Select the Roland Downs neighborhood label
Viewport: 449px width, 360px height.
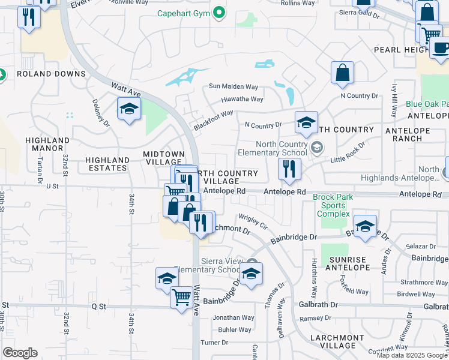coord(51,74)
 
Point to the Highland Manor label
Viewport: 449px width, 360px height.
coord(44,144)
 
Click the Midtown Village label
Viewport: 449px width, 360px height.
coord(162,158)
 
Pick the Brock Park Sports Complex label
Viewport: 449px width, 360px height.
coord(333,205)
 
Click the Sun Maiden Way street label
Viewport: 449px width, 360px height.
coord(234,86)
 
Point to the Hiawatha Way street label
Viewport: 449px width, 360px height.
coord(242,99)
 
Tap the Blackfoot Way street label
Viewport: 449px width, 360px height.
coord(213,121)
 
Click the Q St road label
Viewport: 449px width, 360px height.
coord(98,306)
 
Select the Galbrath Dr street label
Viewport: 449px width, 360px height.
coord(316,305)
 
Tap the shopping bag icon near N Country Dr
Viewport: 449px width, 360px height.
coord(342,73)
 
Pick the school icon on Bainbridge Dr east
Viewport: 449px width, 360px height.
coord(365,226)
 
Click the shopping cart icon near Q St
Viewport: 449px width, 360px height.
coord(181,296)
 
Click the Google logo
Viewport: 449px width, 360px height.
coord(20,353)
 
